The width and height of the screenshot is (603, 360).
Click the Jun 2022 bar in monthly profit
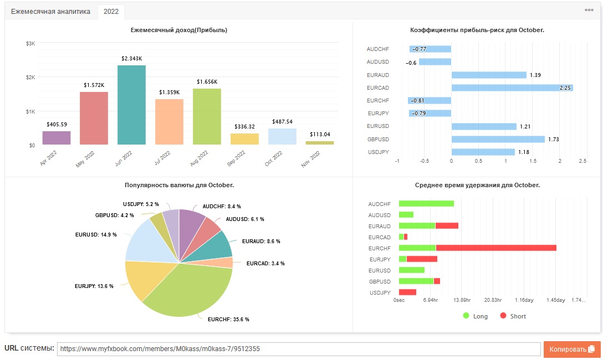(x=131, y=105)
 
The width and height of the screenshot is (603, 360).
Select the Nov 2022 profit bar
(x=320, y=143)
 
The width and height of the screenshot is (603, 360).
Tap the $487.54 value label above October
(x=282, y=121)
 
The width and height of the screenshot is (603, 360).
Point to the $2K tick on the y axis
(x=30, y=77)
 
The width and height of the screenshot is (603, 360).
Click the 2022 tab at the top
(x=111, y=12)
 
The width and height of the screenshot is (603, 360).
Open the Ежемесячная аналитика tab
(x=50, y=12)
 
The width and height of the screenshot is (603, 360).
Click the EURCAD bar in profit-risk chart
(x=512, y=88)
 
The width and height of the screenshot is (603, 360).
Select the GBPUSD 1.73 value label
(x=553, y=139)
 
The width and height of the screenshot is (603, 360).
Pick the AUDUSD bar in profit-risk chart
(x=435, y=62)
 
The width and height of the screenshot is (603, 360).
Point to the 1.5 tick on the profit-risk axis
(x=533, y=161)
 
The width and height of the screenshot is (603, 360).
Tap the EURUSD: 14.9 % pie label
(x=96, y=234)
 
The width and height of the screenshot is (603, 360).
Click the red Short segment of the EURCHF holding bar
(x=496, y=248)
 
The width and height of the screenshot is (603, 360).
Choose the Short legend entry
(x=513, y=316)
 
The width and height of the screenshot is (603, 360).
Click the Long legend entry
(x=476, y=316)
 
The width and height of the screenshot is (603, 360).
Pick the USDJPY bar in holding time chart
(x=408, y=292)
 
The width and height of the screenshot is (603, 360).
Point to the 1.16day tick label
(x=524, y=300)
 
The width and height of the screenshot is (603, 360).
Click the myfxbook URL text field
(x=299, y=349)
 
